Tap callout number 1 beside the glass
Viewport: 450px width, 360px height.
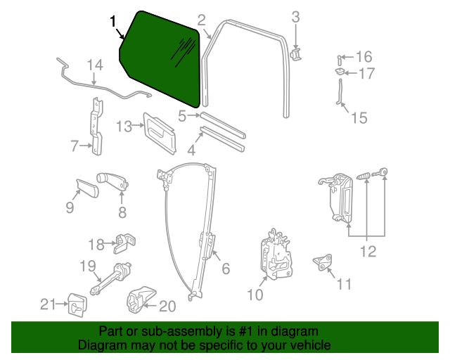click(x=113, y=22)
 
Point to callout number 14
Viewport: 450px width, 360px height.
click(x=95, y=65)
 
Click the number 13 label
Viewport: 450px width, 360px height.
click(x=124, y=127)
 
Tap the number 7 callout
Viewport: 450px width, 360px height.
click(x=75, y=146)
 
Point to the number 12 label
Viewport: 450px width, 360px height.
click(x=368, y=251)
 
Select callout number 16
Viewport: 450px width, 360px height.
click(x=364, y=57)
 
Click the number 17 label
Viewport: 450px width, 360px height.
click(x=367, y=73)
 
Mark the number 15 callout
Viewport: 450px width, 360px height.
click(x=359, y=117)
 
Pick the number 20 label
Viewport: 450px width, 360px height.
click(x=167, y=306)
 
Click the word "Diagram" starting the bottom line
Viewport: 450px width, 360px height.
click(x=101, y=346)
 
